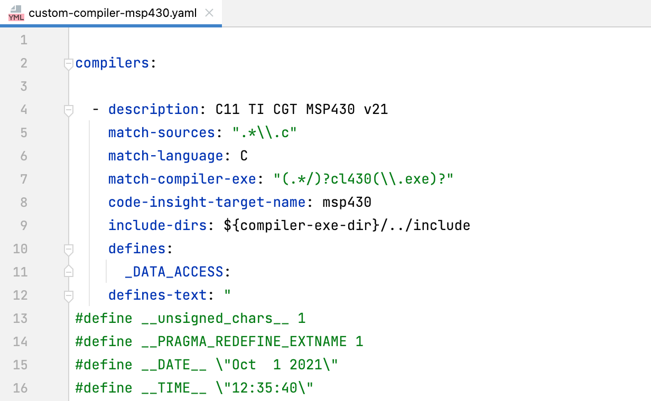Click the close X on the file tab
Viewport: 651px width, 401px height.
pyautogui.click(x=209, y=13)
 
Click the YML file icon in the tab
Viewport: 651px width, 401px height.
pyautogui.click(x=16, y=13)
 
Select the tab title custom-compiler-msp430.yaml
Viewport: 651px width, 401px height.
pyautogui.click(x=113, y=13)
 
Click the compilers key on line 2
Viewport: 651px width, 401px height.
pyautogui.click(x=112, y=63)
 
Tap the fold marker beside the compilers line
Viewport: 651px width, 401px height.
pyautogui.click(x=68, y=64)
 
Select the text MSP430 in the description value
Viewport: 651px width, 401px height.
pyautogui.click(x=331, y=110)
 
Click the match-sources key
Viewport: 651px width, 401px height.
pyautogui.click(x=162, y=133)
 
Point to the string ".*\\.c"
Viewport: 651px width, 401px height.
pyautogui.click(x=265, y=133)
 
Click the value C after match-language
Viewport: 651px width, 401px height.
pyautogui.click(x=244, y=156)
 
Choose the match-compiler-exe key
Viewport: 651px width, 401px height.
pyautogui.click(x=182, y=179)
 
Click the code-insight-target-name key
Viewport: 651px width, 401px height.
pyautogui.click(x=207, y=203)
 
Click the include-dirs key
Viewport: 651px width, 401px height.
pyautogui.click(x=157, y=226)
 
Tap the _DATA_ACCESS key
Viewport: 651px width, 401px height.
pyautogui.click(x=174, y=272)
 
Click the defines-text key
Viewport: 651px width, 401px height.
pyautogui.click(x=157, y=295)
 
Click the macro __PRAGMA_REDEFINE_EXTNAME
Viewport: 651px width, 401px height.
pyautogui.click(x=244, y=342)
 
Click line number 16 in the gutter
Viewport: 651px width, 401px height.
pyautogui.click(x=20, y=388)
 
